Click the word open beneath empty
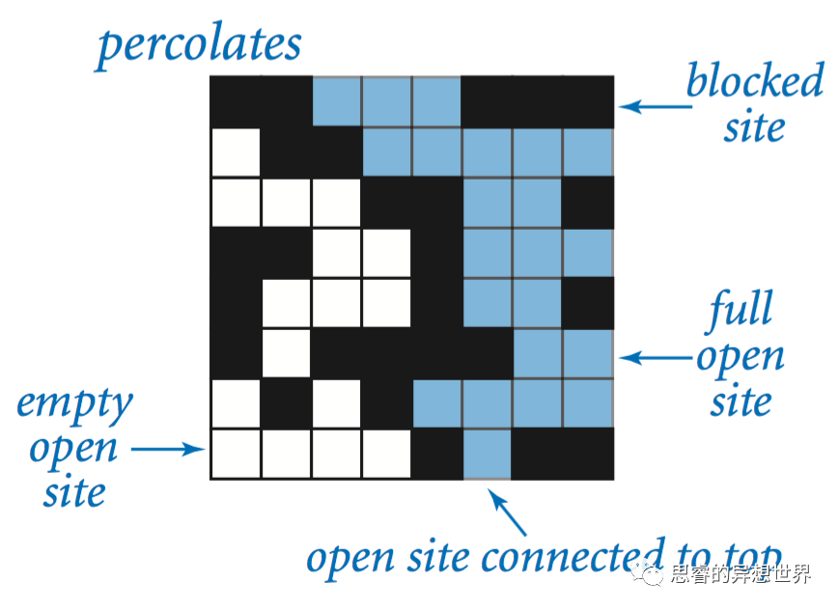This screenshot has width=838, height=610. coord(73,449)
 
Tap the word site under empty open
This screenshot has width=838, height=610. coord(74,493)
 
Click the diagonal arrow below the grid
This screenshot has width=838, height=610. coord(509,513)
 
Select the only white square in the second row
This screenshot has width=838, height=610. coord(236,152)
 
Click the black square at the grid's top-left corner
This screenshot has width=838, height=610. coord(236,101)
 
